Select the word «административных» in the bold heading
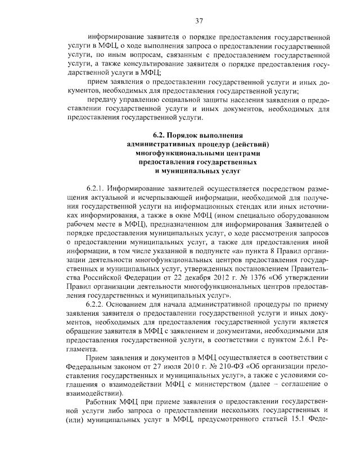pyautogui.click(x=160, y=144)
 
